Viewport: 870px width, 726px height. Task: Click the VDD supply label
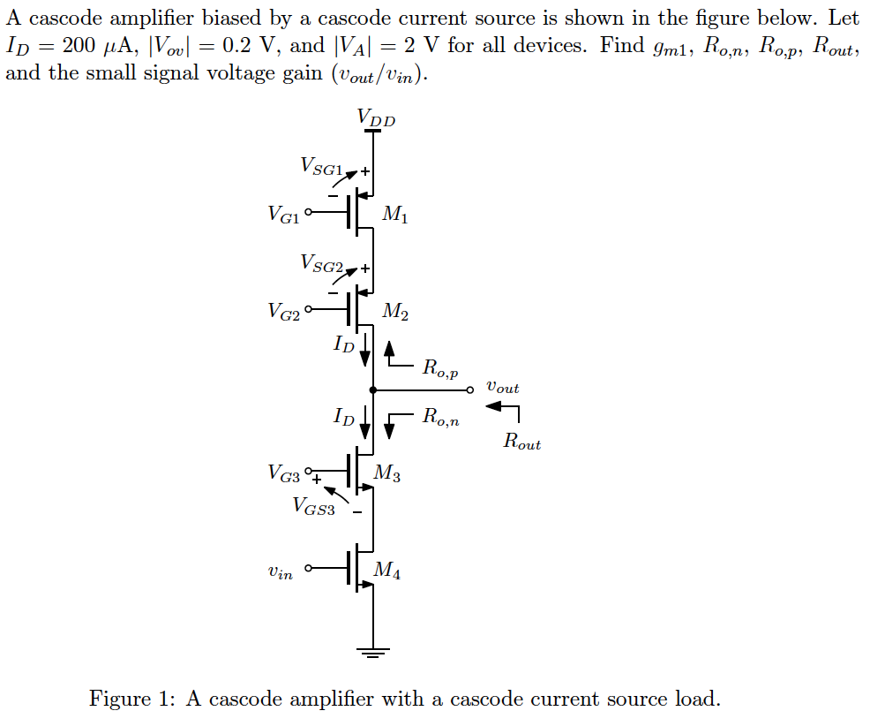(x=376, y=117)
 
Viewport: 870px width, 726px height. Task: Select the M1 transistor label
(x=394, y=214)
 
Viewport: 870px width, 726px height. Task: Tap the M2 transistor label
(x=394, y=311)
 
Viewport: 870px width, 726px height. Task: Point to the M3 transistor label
(x=386, y=473)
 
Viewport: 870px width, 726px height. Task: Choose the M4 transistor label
(x=386, y=570)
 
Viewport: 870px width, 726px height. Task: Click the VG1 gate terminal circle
(x=309, y=212)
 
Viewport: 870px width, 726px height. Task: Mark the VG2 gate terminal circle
(x=309, y=309)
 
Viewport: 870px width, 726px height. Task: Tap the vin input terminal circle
(x=309, y=568)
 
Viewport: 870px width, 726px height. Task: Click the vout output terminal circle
(x=470, y=390)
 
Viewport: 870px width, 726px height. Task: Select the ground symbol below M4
(x=373, y=653)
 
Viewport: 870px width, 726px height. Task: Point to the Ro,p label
(x=440, y=367)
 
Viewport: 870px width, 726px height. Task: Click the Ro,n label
(x=440, y=416)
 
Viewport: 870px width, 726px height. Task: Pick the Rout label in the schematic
(x=521, y=441)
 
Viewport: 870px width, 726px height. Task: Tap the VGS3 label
(x=313, y=506)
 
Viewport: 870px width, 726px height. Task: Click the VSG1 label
(x=322, y=166)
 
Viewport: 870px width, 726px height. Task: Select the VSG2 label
(x=322, y=263)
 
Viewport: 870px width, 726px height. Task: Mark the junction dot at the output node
(x=373, y=390)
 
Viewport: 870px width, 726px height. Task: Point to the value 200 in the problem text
(x=79, y=45)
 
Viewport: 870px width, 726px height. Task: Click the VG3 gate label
(x=283, y=473)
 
